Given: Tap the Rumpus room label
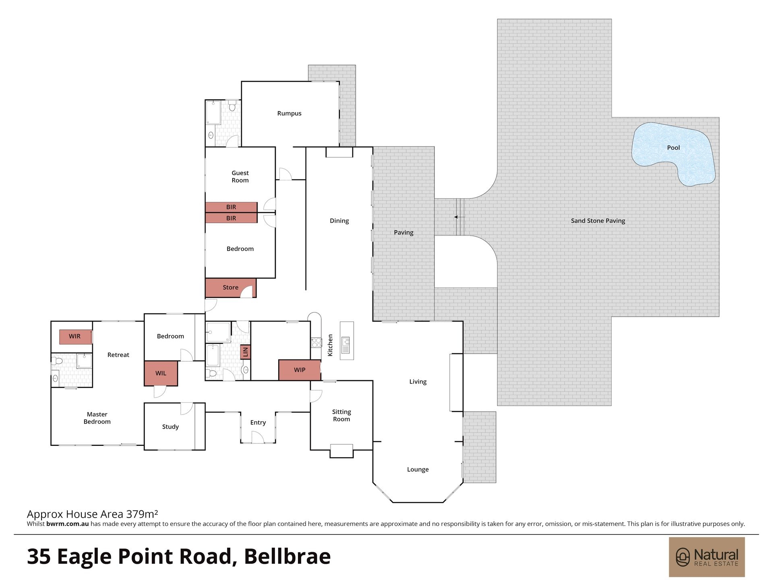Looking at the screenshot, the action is click(x=289, y=114).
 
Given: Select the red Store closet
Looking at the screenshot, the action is click(x=231, y=288).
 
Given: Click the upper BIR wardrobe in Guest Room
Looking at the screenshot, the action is click(x=231, y=207).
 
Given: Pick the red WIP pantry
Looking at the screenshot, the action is click(x=300, y=370).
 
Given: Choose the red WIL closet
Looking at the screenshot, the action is click(x=161, y=373).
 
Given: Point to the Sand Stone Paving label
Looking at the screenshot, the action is click(x=598, y=221).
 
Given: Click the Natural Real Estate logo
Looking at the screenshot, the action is click(x=707, y=557).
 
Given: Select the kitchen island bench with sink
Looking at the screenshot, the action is click(x=347, y=341).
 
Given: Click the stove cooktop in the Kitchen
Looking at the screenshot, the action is click(x=316, y=342).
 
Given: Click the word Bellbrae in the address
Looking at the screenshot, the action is click(x=287, y=556).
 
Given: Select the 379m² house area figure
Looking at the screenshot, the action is click(x=142, y=514).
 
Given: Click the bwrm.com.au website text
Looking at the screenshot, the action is click(x=68, y=524).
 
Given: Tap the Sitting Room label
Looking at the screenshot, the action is click(x=341, y=416).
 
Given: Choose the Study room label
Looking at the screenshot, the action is click(x=170, y=427).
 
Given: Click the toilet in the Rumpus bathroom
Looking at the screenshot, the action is click(x=232, y=106).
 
